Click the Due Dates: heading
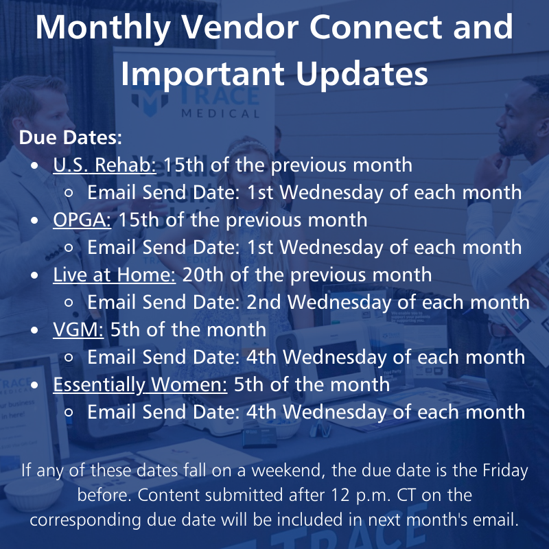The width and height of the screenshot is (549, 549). pos(70,137)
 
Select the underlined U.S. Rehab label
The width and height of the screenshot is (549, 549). pos(105,165)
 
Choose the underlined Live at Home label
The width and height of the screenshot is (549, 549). pos(115,274)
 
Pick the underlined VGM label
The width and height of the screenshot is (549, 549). pos(78,329)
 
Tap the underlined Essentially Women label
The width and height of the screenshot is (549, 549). pos(140,384)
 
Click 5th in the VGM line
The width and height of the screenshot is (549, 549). pos(126,329)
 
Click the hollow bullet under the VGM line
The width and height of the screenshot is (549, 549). pos(69,358)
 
